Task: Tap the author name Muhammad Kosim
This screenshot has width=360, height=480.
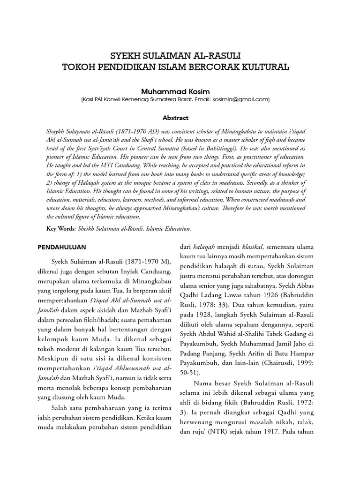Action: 176,90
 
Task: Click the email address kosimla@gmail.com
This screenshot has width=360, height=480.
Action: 241,99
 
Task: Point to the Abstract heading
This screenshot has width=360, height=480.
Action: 175,118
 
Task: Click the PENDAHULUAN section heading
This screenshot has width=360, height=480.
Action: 61,247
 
